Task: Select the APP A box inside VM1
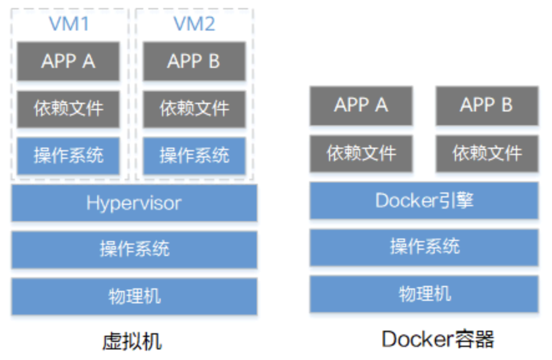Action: (69, 61)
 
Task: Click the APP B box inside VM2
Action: (194, 61)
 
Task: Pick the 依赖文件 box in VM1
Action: (69, 108)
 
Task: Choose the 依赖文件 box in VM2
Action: (194, 108)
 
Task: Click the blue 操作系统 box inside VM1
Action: (69, 155)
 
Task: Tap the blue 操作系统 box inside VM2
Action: (194, 155)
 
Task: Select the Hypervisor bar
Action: (134, 202)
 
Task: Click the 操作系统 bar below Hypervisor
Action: (134, 249)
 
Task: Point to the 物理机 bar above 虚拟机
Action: (134, 296)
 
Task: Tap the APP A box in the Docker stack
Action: (361, 105)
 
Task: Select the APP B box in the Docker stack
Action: (487, 105)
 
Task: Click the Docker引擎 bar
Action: (424, 201)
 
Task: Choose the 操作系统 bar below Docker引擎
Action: (424, 247)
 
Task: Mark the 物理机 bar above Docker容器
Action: (424, 293)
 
